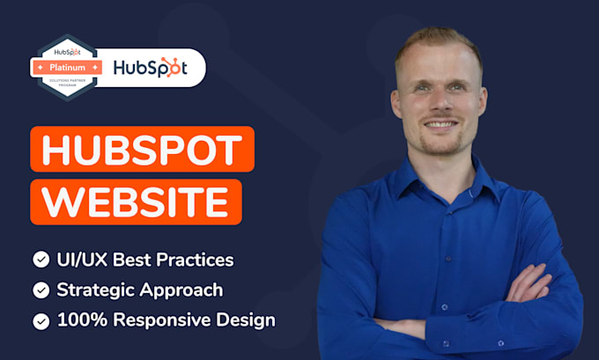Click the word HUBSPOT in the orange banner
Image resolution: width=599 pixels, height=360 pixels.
click(142, 150)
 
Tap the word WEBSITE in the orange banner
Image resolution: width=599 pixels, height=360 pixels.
click(136, 202)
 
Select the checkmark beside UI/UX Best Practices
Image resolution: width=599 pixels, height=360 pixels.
click(41, 260)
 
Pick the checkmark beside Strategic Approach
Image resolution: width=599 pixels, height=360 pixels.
click(41, 290)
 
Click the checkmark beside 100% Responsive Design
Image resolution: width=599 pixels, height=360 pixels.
click(41, 320)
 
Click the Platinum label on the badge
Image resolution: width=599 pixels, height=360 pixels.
click(68, 67)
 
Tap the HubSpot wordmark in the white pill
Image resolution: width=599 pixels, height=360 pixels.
click(151, 68)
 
